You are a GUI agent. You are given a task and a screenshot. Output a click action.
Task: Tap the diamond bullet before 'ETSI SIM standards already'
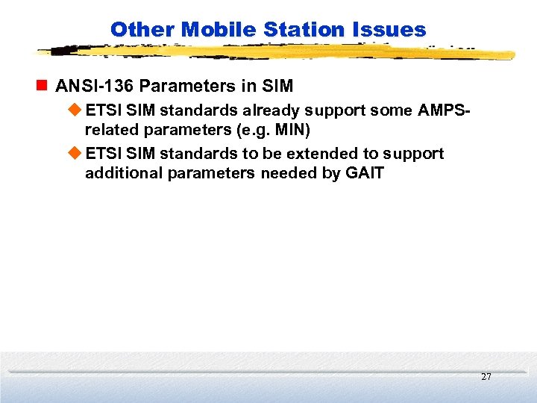point(75,110)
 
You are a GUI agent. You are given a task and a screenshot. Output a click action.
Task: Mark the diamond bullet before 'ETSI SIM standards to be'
point(75,154)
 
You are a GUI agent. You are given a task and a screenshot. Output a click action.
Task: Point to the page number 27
point(486,377)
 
